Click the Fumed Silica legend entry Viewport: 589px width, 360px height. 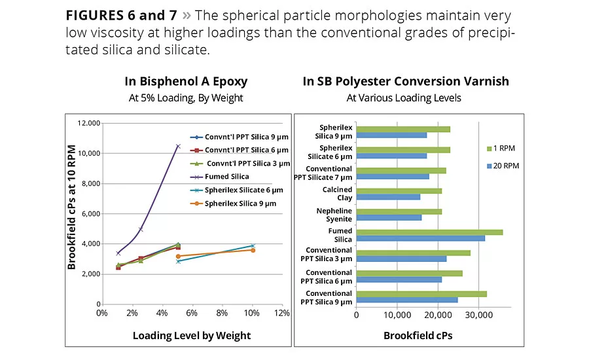pos(226,177)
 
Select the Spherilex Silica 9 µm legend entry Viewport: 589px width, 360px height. pos(240,204)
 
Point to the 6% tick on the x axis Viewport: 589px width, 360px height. pos(192,313)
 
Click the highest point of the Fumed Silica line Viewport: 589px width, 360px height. pos(178,146)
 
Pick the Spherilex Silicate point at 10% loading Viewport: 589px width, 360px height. pos(253,246)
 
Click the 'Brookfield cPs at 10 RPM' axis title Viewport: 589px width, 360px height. pos(72,207)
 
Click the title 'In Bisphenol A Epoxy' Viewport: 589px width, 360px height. pos(186,82)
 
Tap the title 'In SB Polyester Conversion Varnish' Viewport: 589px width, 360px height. pos(406,82)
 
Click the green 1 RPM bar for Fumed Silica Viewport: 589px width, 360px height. pos(429,232)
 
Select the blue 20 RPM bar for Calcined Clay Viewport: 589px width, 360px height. pos(388,196)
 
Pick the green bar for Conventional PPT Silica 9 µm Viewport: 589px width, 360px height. pos(421,294)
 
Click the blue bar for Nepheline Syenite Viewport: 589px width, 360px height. pos(389,217)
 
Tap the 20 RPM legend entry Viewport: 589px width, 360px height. pos(505,166)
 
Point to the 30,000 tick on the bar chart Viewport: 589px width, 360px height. pos(478,314)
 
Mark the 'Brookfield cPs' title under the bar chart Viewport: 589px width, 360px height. pos(418,336)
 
